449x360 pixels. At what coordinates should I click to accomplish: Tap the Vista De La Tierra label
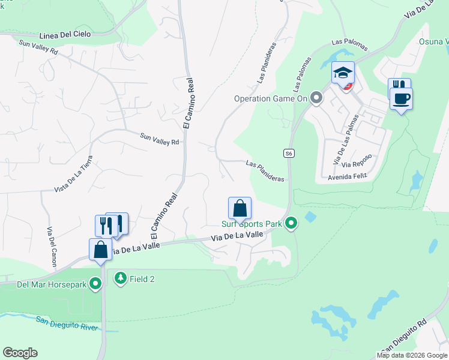point(74,173)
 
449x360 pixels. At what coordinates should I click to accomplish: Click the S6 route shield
point(289,154)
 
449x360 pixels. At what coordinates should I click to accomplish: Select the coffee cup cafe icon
point(402,98)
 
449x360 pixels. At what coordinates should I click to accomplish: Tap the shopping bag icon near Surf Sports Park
point(240,209)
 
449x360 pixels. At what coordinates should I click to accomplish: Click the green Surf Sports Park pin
point(291,224)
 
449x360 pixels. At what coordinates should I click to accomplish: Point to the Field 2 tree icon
point(121,278)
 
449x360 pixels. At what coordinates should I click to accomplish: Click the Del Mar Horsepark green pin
point(95,284)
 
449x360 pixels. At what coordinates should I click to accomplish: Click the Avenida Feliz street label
point(346,178)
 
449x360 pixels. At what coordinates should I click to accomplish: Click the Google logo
point(20,353)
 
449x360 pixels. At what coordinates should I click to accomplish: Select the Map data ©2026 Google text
point(412,355)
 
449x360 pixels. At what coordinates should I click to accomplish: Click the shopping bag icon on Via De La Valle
point(100,249)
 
